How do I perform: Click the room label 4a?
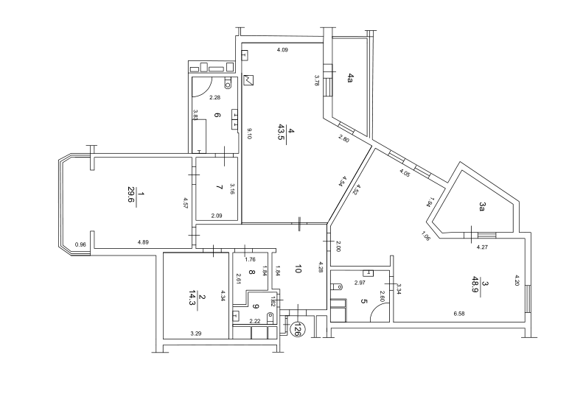tap(352, 77)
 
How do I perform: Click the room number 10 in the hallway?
tap(298, 269)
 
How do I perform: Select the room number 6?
tap(217, 115)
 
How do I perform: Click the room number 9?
tap(255, 307)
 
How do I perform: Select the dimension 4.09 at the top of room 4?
tap(282, 50)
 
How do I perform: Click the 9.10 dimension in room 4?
tap(250, 133)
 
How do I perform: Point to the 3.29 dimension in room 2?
tap(196, 334)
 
